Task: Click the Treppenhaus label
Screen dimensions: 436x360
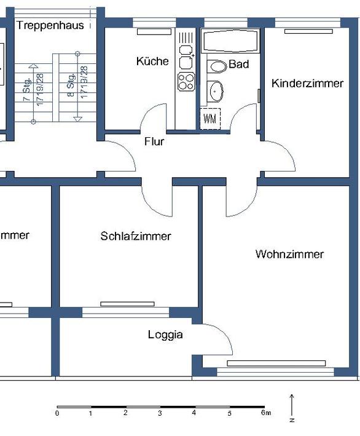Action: (50, 25)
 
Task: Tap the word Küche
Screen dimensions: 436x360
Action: (152, 61)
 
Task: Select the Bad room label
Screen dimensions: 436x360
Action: (239, 64)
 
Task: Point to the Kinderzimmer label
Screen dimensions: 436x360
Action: (307, 83)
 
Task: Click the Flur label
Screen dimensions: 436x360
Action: (154, 141)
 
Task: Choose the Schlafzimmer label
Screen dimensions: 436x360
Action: (136, 236)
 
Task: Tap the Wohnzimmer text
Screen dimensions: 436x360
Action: (289, 254)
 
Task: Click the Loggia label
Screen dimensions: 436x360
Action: (165, 335)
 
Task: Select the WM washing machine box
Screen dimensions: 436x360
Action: (209, 119)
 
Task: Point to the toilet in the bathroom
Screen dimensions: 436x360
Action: (216, 67)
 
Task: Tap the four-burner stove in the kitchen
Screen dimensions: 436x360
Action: (186, 81)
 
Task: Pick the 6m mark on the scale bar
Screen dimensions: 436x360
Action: (265, 413)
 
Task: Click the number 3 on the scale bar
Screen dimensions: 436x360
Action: (160, 413)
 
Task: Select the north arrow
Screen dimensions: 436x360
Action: (292, 406)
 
